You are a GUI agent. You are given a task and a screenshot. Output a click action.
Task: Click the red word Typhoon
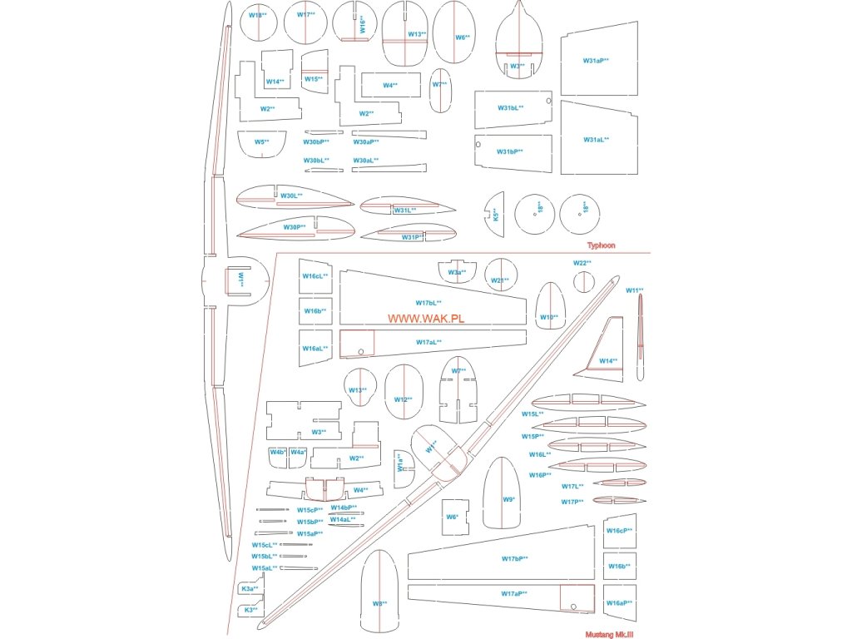[x=601, y=245]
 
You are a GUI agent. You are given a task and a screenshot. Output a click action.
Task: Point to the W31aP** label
[x=596, y=61]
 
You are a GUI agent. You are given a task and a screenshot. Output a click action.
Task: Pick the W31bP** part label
[x=510, y=151]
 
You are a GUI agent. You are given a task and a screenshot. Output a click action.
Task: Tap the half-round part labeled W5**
[x=261, y=143]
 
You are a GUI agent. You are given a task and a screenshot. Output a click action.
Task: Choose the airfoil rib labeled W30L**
[x=291, y=196]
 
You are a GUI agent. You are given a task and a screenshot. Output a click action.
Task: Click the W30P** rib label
[x=295, y=227]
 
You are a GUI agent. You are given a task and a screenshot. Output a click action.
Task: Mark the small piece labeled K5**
[x=494, y=215]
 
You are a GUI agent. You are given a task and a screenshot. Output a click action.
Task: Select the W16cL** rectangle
[x=315, y=276]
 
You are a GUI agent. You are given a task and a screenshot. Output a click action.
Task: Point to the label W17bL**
[x=428, y=303]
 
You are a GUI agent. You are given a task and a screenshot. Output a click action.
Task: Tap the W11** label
[x=635, y=290]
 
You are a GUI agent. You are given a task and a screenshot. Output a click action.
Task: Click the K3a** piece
[x=250, y=589]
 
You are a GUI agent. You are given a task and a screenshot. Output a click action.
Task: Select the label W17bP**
[x=515, y=558]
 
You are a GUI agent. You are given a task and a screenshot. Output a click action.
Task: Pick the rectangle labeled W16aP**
[x=619, y=602]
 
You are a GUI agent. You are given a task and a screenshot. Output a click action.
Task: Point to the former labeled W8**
[x=379, y=602]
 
